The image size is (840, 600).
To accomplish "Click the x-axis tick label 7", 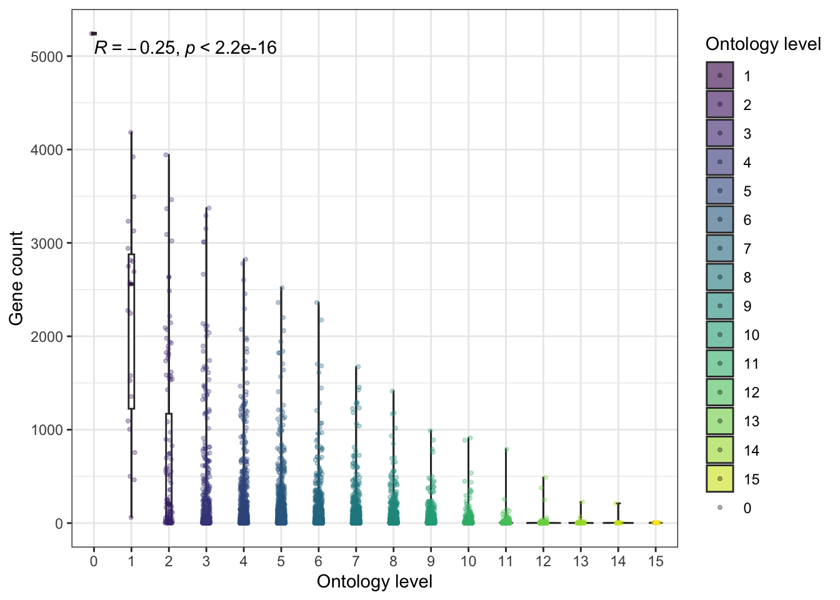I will point(356,561).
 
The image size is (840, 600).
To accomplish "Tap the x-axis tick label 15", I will point(656,561).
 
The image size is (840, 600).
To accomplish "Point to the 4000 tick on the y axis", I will point(46,150).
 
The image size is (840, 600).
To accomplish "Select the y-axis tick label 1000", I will point(46,430).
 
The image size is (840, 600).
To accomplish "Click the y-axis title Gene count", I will point(16,278).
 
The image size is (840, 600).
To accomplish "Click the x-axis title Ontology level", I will point(374,582).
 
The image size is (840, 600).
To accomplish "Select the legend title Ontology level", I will point(762,44).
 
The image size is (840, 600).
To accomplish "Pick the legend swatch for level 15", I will point(720,479).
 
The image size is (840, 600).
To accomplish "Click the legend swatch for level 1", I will point(720,76).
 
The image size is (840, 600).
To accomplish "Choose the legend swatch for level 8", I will point(720,277).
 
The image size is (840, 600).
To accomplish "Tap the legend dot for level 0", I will point(720,507).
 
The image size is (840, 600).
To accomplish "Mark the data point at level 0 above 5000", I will point(92,33).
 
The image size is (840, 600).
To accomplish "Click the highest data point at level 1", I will point(131,132).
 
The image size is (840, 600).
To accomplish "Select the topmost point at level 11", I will point(507,449).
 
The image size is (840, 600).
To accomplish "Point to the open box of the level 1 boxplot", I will point(131,331).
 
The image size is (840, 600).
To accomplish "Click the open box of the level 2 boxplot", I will point(169,466).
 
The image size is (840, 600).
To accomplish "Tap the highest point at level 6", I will point(316,302).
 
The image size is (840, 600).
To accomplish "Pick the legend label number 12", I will point(751,392).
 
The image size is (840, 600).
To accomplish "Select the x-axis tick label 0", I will point(94,561).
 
